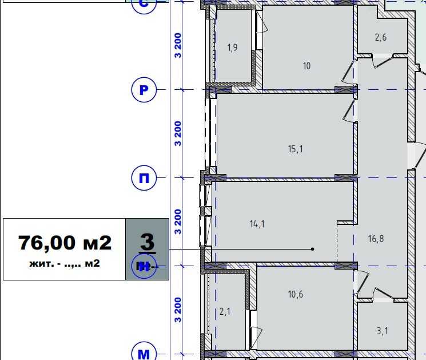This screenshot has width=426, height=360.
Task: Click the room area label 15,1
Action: click(295, 149)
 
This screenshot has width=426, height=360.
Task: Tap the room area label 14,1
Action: click(257, 224)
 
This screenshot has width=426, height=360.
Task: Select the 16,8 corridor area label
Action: click(376, 239)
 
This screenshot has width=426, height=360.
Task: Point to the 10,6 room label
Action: click(296, 295)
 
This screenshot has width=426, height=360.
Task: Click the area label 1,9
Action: click(232, 48)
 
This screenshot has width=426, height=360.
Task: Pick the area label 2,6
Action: click(381, 38)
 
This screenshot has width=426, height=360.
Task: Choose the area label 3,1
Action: click(382, 330)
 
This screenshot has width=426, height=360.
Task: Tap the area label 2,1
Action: click(225, 312)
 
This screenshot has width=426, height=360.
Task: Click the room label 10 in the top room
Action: click(306, 66)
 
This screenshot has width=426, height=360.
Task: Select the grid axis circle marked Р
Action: click(144, 90)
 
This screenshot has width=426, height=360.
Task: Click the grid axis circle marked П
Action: click(144, 179)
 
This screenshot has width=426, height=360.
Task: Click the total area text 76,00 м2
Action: click(65, 243)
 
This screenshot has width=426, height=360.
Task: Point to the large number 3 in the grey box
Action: click(147, 242)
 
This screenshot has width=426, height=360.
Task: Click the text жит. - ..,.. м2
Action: click(65, 264)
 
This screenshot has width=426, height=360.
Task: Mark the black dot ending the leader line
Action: click(312, 249)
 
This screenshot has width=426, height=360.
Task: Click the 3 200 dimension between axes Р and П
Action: click(178, 133)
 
